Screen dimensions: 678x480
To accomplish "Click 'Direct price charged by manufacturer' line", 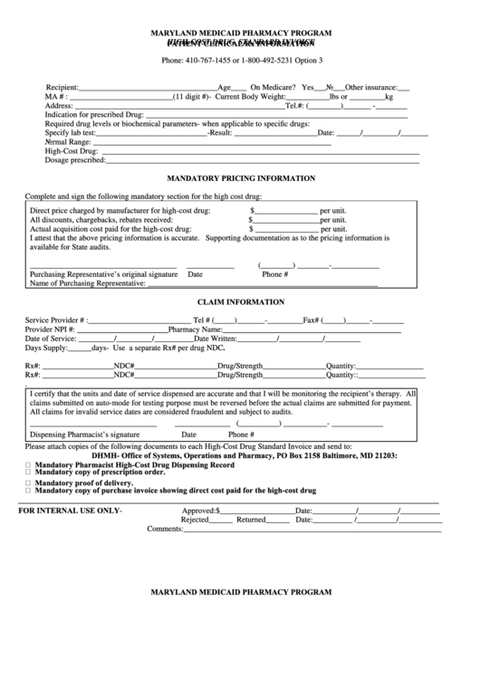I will pos(120,210).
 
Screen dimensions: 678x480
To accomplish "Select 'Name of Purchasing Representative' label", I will pos(88,283).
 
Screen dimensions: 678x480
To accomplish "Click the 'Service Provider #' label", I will pos(55,320).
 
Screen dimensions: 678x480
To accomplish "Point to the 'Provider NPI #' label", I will pos(51,329).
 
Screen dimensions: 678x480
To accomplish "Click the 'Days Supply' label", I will pos(45,348).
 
